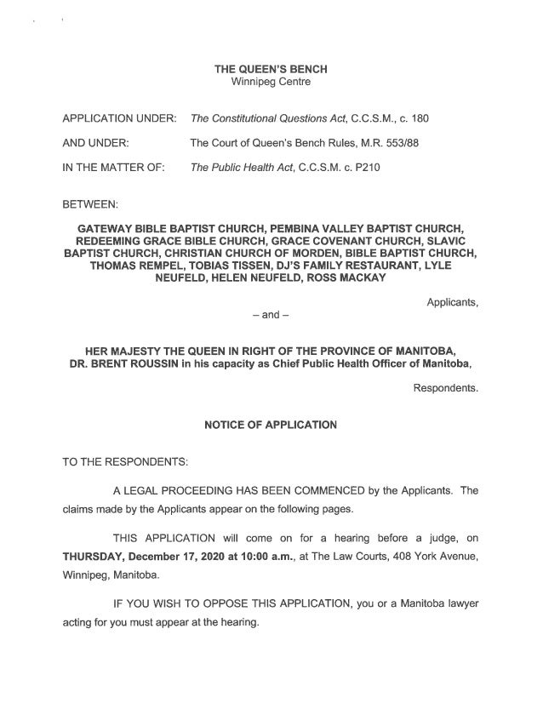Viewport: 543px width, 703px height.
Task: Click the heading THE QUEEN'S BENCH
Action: click(271, 69)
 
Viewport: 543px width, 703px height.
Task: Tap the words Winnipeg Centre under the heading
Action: click(271, 82)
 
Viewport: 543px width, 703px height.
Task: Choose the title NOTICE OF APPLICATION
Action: click(271, 425)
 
